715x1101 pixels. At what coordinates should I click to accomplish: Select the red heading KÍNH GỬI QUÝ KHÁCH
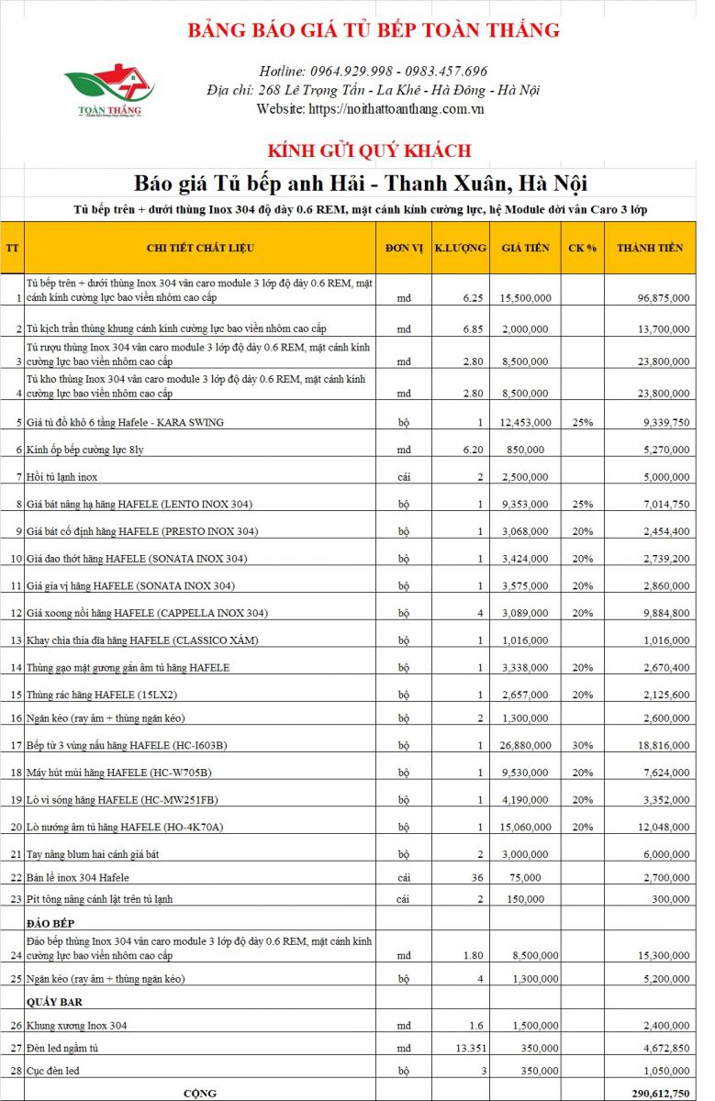tap(369, 150)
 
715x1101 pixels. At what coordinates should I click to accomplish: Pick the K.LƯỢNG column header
tap(460, 248)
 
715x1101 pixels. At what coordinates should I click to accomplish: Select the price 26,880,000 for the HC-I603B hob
tap(526, 746)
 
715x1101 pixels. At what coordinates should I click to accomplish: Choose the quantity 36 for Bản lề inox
tap(475, 878)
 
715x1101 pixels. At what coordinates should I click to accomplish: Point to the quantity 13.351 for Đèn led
tap(467, 1048)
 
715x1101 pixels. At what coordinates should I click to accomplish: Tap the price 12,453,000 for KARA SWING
tap(526, 422)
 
